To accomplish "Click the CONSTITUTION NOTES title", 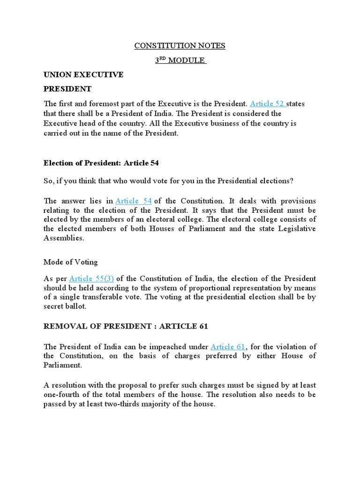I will (180, 45).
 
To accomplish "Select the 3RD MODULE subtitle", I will (180, 60).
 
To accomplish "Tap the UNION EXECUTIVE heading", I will (83, 75).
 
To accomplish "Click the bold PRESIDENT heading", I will (67, 89).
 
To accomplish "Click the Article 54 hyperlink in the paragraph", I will (134, 201).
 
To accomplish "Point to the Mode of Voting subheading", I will (71, 262).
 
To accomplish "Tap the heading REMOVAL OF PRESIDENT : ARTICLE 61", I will (126, 326).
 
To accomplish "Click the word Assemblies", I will (64, 238).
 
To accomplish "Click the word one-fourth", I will (63, 394).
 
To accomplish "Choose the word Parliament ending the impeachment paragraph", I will (63, 365).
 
